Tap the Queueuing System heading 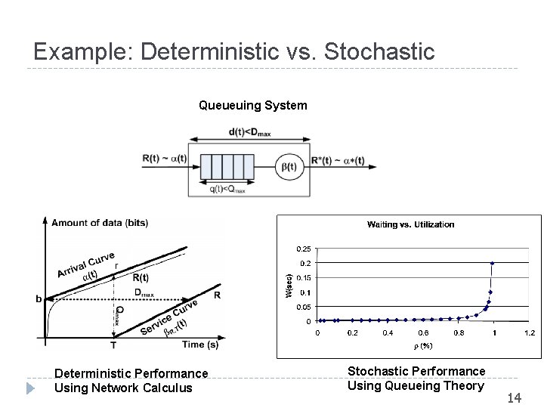[x=252, y=106]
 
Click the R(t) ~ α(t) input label [x=164, y=159]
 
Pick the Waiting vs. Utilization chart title [x=410, y=224]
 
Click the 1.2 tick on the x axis [x=529, y=332]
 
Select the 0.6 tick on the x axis [x=423, y=332]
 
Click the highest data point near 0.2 [x=493, y=263]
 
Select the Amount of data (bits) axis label [x=99, y=222]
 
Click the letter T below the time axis [x=113, y=346]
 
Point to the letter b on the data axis [x=39, y=298]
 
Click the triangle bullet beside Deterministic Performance [x=30, y=388]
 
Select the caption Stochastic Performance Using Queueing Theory [x=416, y=379]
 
